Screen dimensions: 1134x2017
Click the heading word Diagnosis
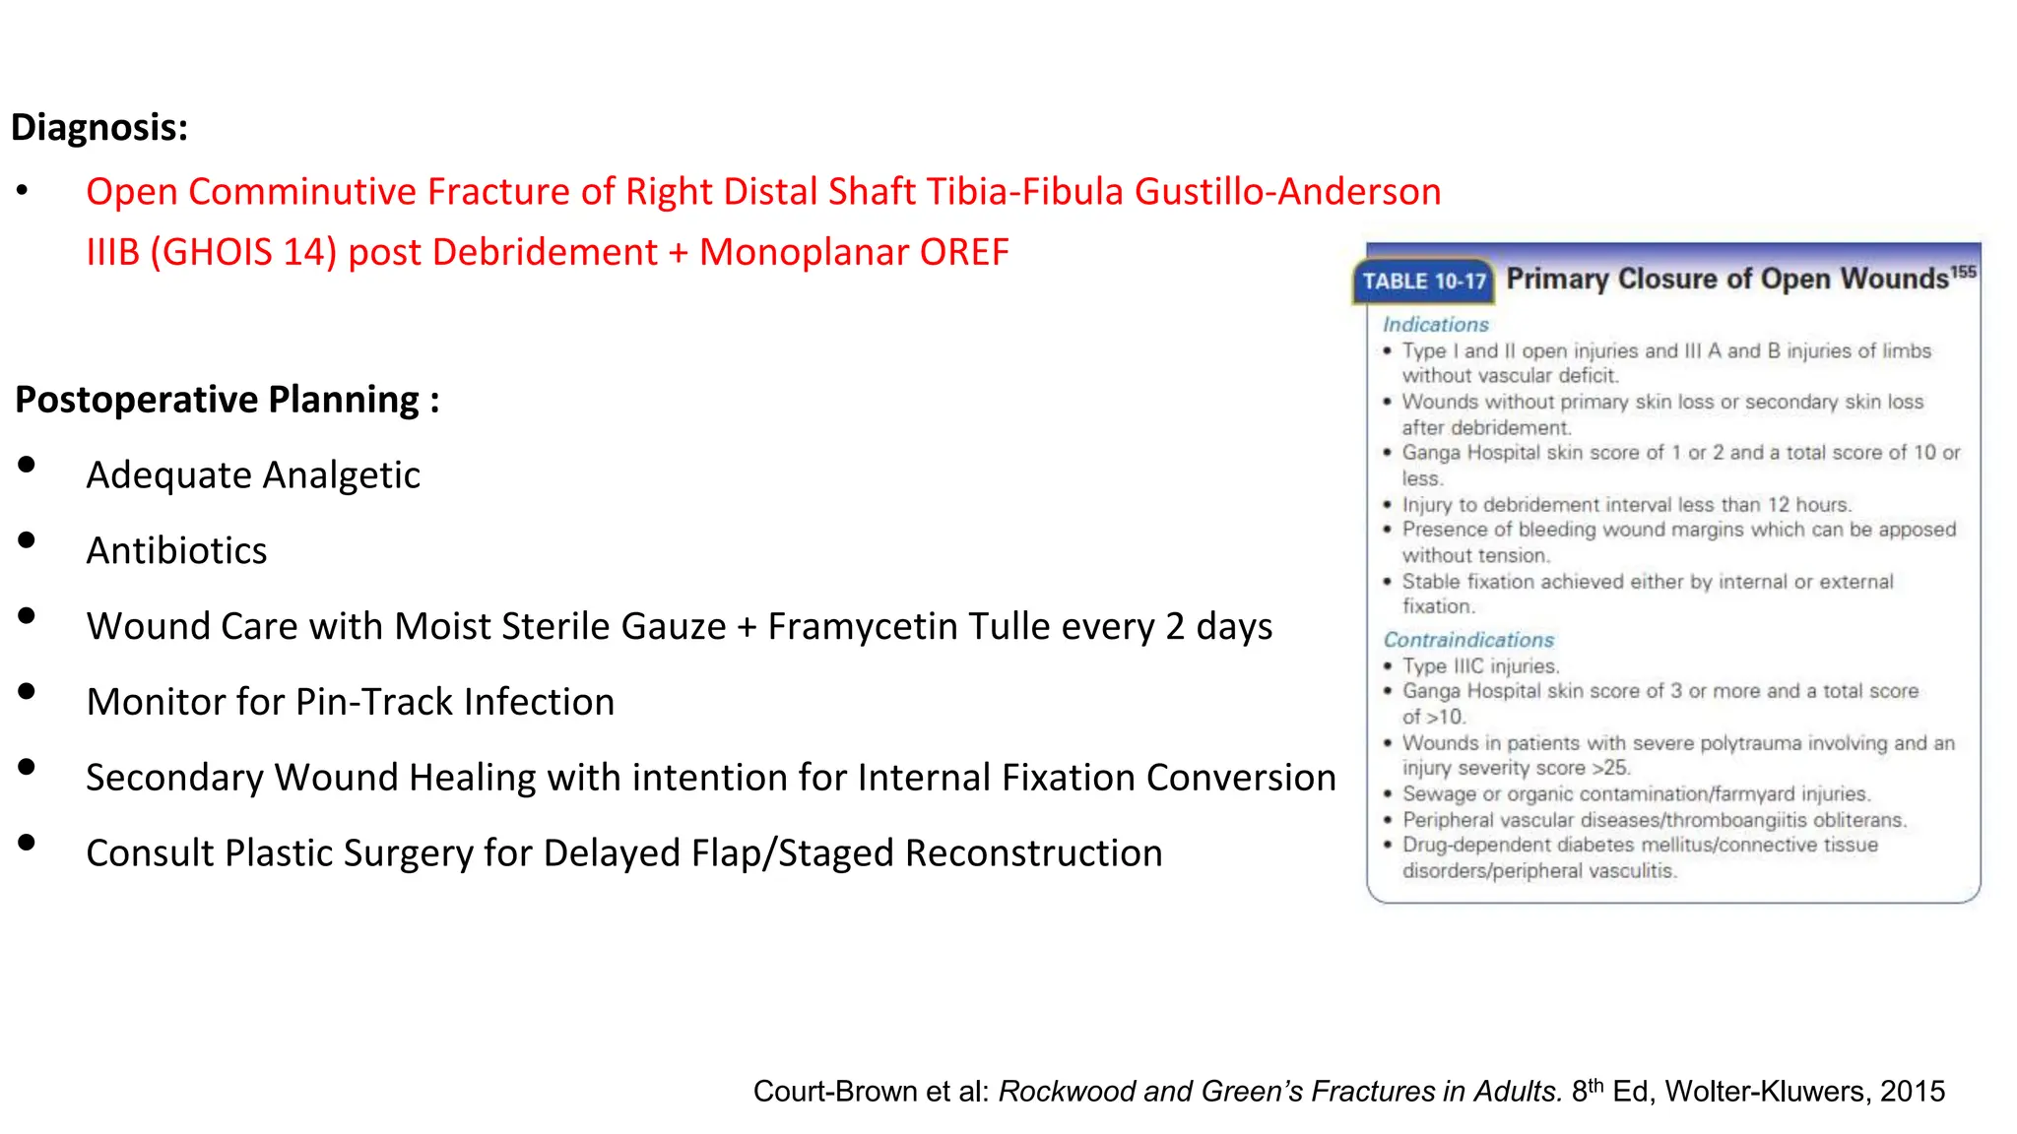coord(98,128)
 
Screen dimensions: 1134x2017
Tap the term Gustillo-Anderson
coord(1287,192)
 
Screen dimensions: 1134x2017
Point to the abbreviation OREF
coord(964,253)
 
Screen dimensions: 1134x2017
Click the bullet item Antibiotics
coord(176,551)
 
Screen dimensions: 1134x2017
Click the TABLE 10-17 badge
coord(1424,282)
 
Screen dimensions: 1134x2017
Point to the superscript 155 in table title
coord(1963,272)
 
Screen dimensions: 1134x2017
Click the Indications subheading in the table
coord(1435,325)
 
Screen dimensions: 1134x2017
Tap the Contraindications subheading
coord(1467,640)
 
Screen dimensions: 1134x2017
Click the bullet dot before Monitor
coord(27,692)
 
